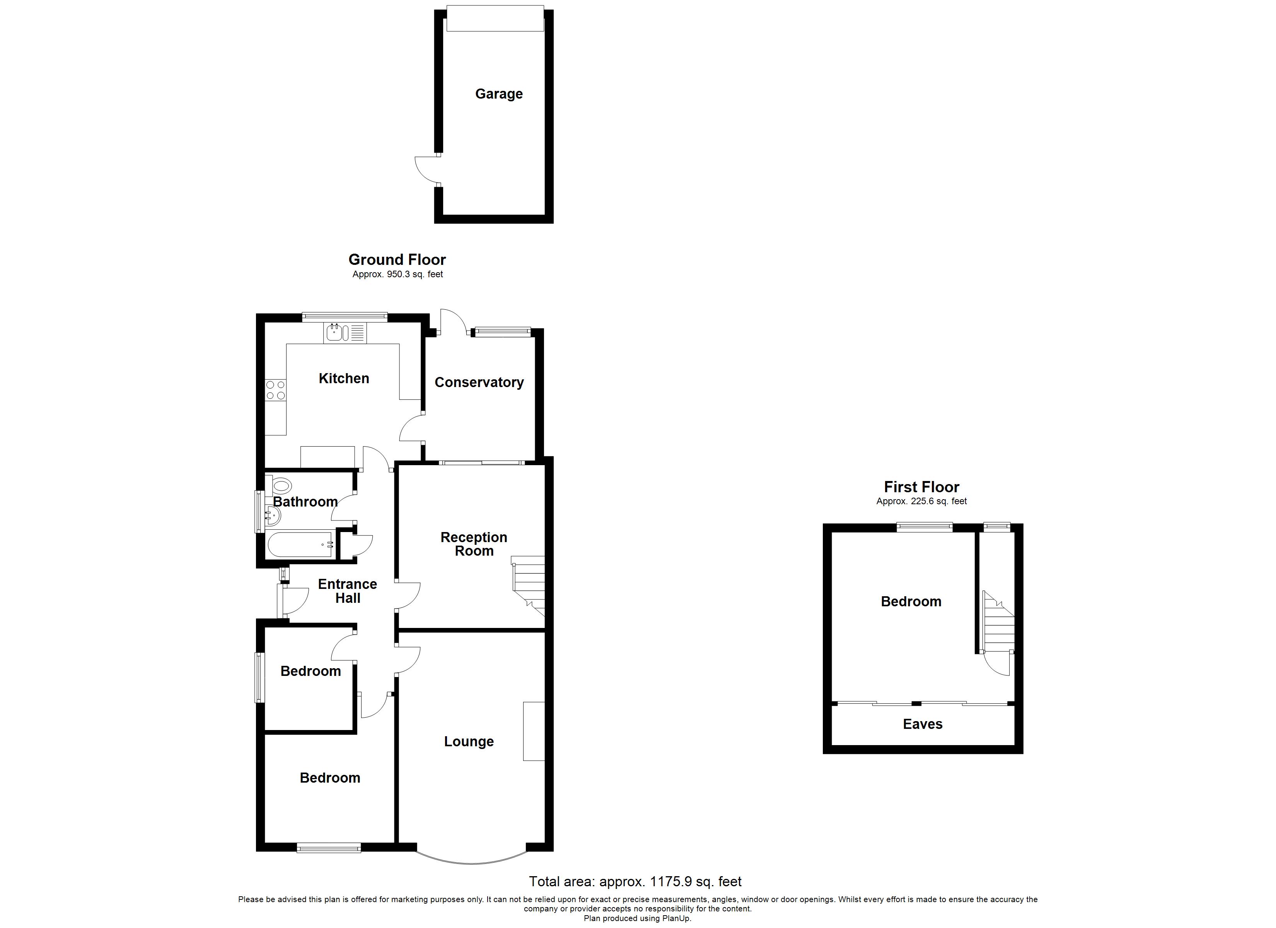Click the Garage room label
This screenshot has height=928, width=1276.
click(498, 94)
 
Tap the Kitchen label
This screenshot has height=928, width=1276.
click(344, 378)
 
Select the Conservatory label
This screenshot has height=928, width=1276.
click(479, 383)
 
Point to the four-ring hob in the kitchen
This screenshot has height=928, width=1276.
click(276, 390)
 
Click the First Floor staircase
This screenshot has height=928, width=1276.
click(998, 622)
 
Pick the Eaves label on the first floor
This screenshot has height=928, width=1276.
click(922, 724)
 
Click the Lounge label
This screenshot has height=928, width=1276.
click(469, 742)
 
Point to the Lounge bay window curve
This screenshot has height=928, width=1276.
click(471, 861)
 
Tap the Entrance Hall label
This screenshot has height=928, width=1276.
click(347, 591)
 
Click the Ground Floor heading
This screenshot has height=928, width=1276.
click(397, 259)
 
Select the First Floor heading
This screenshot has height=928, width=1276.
click(921, 487)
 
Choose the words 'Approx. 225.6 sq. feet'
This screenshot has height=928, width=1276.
click(921, 502)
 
